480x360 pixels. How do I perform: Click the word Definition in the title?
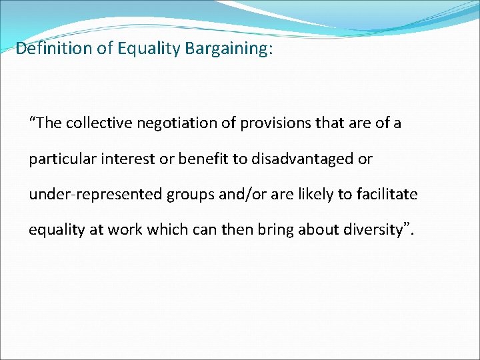pyautogui.click(x=45, y=49)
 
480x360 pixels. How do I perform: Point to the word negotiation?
pyautogui.click(x=169, y=123)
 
